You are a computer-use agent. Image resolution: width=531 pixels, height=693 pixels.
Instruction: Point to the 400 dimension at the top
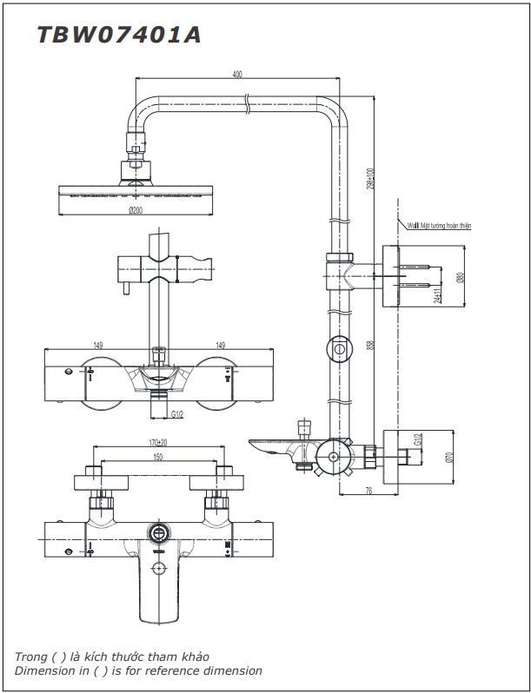[x=237, y=75]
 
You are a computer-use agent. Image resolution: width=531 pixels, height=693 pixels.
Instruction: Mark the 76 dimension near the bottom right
[x=368, y=492]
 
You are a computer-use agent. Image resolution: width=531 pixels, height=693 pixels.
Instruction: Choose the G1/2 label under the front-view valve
[x=178, y=414]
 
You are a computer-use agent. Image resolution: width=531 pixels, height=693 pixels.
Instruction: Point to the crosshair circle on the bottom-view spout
[x=159, y=569]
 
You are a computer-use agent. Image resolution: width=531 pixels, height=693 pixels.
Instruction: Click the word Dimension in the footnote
[x=45, y=671]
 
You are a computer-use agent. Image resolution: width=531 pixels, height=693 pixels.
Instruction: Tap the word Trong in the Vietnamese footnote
[x=31, y=657]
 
